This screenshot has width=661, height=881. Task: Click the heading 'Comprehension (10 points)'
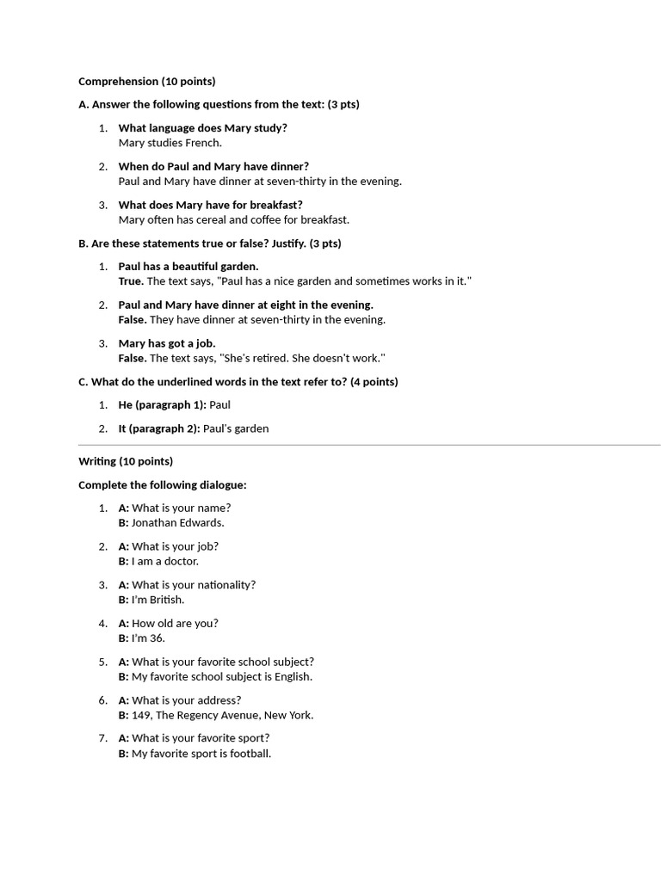click(x=146, y=82)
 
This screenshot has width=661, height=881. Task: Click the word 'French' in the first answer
click(x=203, y=143)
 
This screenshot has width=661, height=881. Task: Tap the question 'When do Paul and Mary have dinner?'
click(x=213, y=166)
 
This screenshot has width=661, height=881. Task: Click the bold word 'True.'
click(x=131, y=281)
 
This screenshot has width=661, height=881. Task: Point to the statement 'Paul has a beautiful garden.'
click(x=188, y=267)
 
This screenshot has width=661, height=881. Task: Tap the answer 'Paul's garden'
click(x=236, y=428)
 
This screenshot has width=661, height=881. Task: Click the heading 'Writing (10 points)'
click(x=126, y=461)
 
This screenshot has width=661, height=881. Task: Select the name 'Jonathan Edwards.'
click(x=177, y=522)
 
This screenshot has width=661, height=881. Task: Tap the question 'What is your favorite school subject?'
click(x=222, y=662)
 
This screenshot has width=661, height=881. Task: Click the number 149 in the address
click(x=141, y=715)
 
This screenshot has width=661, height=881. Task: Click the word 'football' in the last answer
click(x=250, y=754)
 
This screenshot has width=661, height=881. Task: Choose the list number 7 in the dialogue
click(x=102, y=738)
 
